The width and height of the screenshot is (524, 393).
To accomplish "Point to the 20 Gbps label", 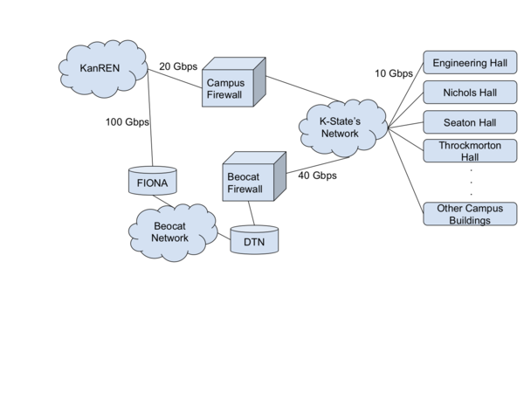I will tap(179, 66).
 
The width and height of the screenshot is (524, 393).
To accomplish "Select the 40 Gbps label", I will tap(317, 176).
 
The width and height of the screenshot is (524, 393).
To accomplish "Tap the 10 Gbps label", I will tap(393, 73).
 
